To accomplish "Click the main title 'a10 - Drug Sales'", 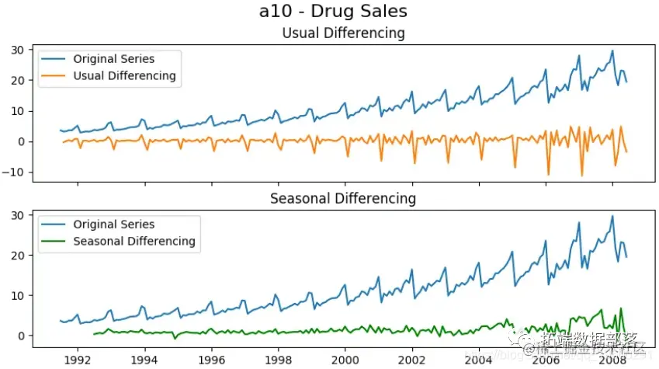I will pyautogui.click(x=333, y=12).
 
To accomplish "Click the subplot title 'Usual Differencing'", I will pyautogui.click(x=343, y=33).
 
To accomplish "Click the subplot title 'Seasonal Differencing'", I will pyautogui.click(x=343, y=199).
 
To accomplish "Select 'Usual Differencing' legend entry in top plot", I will pyautogui.click(x=124, y=76).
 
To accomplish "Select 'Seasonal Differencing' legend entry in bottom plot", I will pyautogui.click(x=134, y=241).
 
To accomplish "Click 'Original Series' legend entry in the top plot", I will pyautogui.click(x=113, y=59).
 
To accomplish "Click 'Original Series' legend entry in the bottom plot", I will pyautogui.click(x=113, y=225).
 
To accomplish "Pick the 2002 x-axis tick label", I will pyautogui.click(x=411, y=360).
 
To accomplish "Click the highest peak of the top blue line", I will pyautogui.click(x=612, y=51).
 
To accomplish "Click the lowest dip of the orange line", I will pyautogui.click(x=581, y=176).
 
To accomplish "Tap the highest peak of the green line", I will pyautogui.click(x=620, y=308).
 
